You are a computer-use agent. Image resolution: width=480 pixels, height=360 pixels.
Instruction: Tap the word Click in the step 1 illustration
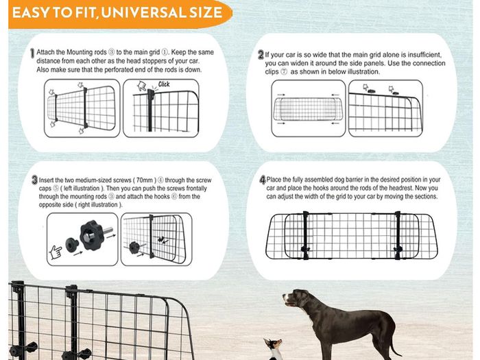point(164,84)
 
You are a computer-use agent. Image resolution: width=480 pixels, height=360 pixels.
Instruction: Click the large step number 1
point(32,53)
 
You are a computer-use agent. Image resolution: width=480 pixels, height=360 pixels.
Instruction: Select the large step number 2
point(261,55)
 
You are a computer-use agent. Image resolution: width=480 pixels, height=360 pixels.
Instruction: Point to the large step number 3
point(34,180)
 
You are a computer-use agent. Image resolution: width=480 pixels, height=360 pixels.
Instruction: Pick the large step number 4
point(263,180)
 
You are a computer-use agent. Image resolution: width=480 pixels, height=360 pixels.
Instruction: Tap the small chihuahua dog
point(274,349)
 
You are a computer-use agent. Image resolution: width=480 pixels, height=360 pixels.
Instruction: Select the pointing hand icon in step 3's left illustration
point(56,252)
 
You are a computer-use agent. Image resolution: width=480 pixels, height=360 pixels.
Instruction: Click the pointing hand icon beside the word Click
point(142,86)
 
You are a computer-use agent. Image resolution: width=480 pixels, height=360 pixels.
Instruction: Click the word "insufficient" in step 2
point(423,55)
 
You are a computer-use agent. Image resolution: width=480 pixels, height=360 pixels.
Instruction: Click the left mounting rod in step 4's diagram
point(306,235)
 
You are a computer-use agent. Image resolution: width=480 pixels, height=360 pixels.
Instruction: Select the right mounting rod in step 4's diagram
point(398,235)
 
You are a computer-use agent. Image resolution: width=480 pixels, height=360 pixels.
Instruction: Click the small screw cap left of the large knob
point(72,245)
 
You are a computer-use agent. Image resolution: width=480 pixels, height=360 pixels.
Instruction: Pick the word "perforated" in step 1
point(119,70)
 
